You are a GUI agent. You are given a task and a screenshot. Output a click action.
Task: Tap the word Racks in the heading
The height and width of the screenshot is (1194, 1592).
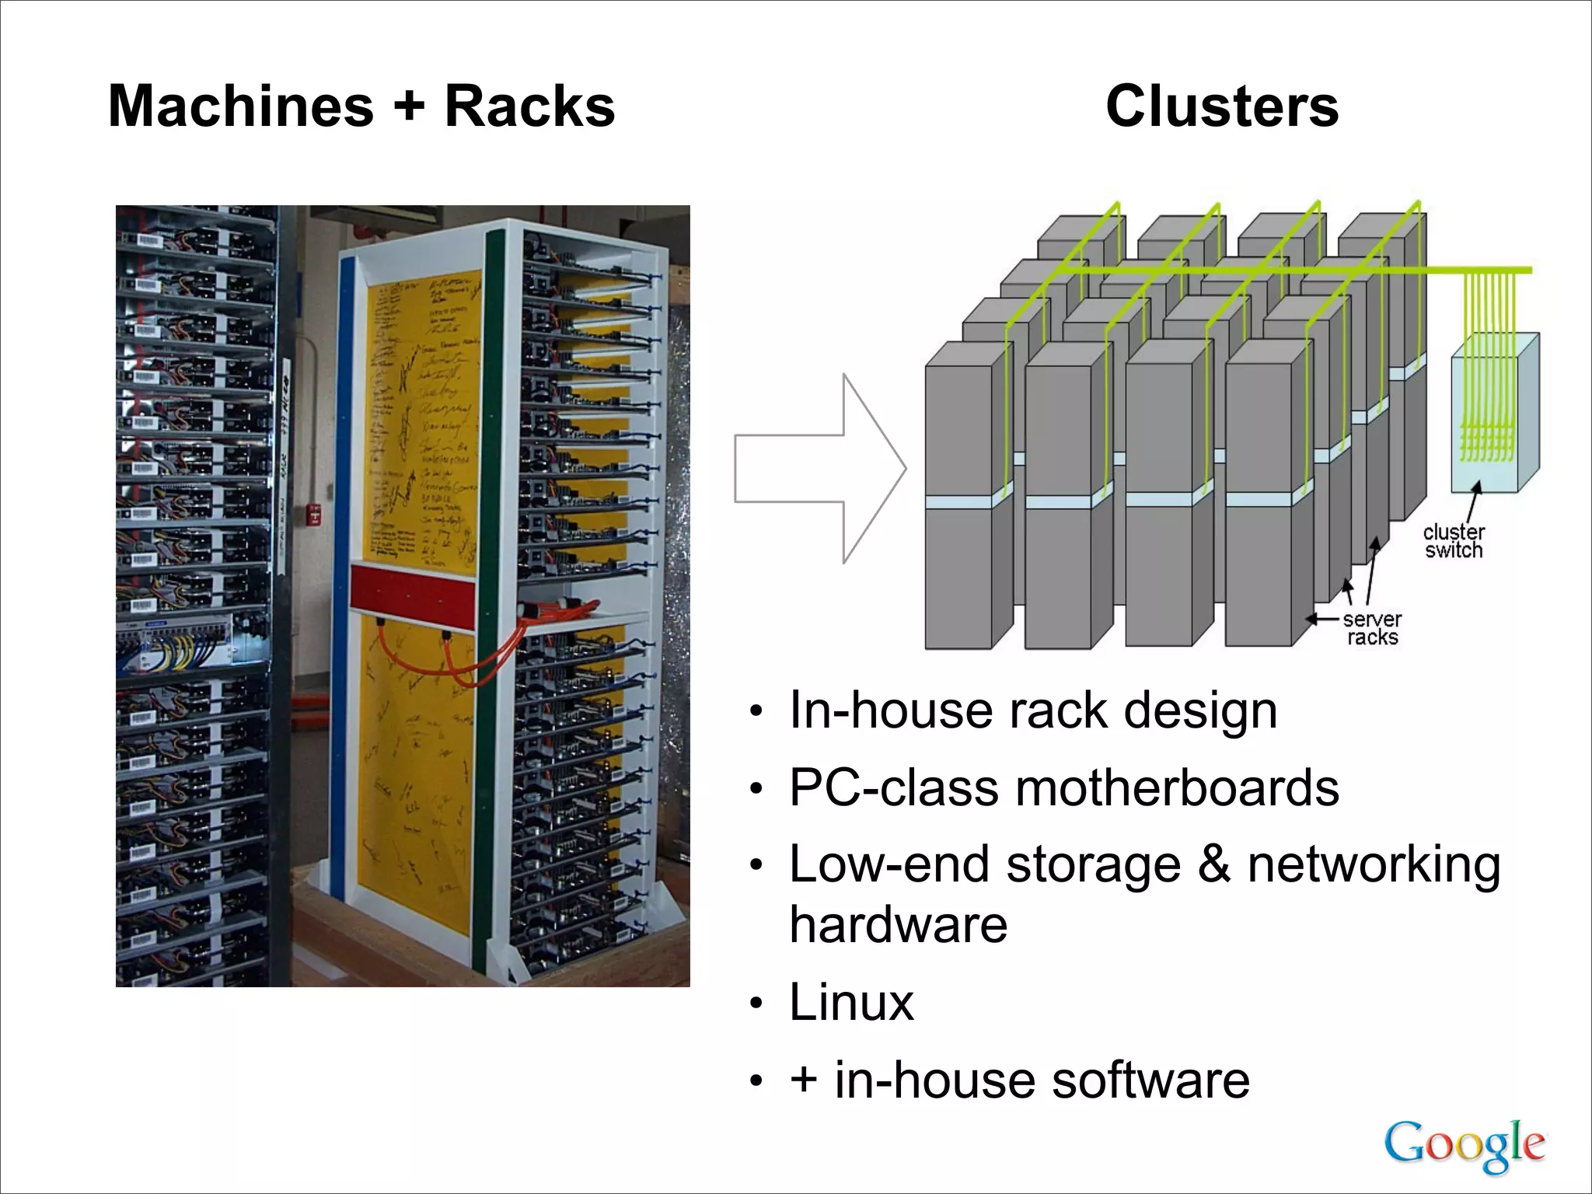pos(529,106)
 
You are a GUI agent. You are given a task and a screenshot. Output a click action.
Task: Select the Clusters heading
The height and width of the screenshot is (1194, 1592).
pos(1222,106)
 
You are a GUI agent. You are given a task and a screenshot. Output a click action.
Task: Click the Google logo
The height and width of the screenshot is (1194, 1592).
pos(1465,1144)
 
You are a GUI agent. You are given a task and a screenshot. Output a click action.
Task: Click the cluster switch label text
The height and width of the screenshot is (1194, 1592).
pos(1453,542)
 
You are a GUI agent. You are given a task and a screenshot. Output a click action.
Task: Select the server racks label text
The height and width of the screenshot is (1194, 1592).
pos(1372,628)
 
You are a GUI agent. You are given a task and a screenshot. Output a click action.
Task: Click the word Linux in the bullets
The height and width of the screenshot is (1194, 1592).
pos(851,1002)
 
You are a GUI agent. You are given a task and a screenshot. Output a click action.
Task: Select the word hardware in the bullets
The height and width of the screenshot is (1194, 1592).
pos(898,924)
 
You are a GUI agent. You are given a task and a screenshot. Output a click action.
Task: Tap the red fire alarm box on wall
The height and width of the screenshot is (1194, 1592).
pos(316,513)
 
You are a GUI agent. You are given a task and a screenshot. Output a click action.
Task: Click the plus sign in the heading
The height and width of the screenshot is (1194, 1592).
pos(409,106)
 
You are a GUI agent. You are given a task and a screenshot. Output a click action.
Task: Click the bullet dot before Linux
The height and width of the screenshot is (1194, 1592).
pos(756,1005)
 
